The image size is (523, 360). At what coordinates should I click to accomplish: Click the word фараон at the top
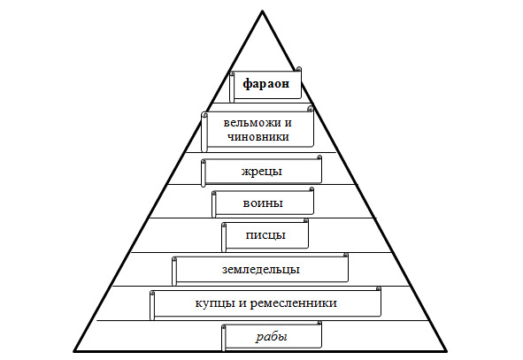265,84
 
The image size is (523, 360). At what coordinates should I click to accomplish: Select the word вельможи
253,123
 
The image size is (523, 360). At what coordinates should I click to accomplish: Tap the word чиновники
258,137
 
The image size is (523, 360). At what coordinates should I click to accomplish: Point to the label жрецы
262,172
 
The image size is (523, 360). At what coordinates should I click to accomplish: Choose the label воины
263,203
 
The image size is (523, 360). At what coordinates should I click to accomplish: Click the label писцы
265,235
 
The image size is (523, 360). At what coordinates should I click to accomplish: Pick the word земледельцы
261,269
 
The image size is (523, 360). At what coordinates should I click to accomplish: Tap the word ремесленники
293,303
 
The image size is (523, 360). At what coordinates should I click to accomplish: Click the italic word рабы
272,337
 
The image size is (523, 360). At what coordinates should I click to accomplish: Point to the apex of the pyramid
263,11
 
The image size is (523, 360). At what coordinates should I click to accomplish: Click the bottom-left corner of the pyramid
74,351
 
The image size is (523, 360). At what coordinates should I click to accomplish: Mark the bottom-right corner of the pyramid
447,351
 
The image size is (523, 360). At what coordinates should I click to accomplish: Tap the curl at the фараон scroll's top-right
299,69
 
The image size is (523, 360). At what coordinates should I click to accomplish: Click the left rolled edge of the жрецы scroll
204,172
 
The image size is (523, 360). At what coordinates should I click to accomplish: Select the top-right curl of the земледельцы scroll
345,255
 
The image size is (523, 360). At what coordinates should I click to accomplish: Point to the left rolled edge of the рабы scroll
224,338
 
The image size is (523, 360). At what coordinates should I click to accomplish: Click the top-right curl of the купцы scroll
379,288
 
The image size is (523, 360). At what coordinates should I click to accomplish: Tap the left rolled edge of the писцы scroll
224,237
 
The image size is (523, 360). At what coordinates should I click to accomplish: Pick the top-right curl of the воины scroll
311,189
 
